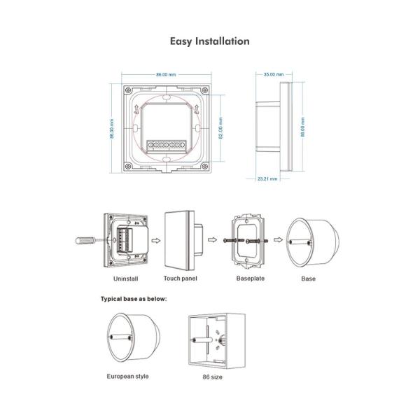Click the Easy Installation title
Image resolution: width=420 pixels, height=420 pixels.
pos(210,41)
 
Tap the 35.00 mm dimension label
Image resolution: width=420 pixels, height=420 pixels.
pos(274,74)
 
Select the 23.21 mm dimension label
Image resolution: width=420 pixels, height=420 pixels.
pos(267,178)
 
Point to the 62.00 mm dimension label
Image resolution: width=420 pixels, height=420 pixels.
pos(220,128)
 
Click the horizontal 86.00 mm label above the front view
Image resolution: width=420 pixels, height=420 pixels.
pos(166,74)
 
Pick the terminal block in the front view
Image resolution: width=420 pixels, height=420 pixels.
pos(167,146)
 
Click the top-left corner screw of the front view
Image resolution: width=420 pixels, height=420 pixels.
pos(128,90)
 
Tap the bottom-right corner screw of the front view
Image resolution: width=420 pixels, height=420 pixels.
pos(205,167)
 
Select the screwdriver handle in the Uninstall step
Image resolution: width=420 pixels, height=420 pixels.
pos(85,241)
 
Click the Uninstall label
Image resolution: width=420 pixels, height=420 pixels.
pos(125,279)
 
